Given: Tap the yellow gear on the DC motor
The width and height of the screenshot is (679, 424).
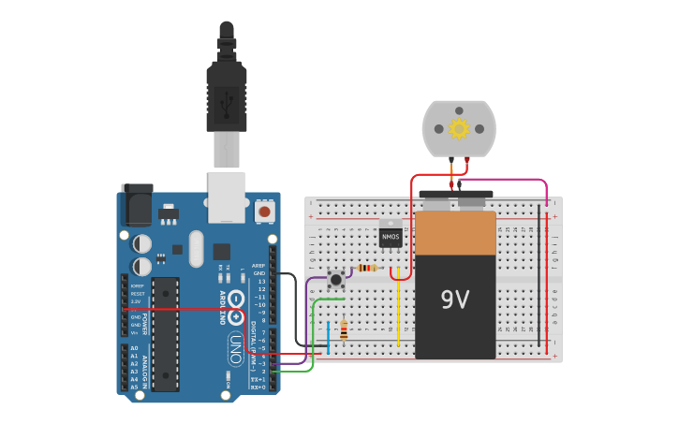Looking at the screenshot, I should coord(458,128).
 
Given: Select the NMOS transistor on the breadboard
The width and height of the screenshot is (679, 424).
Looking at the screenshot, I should coord(390,239).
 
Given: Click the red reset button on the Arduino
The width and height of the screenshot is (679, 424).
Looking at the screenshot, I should coord(265,212).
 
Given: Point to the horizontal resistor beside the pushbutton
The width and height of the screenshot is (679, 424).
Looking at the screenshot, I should coord(367,269).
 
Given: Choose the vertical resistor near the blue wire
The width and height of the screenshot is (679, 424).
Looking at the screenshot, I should coord(344,330).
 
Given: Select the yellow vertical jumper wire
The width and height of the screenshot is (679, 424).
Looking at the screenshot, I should coord(399,314).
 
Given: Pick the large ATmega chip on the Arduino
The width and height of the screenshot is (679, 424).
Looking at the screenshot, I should coord(165,332).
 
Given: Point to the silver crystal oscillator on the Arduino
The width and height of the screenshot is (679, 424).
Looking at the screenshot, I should coord(195,249).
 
